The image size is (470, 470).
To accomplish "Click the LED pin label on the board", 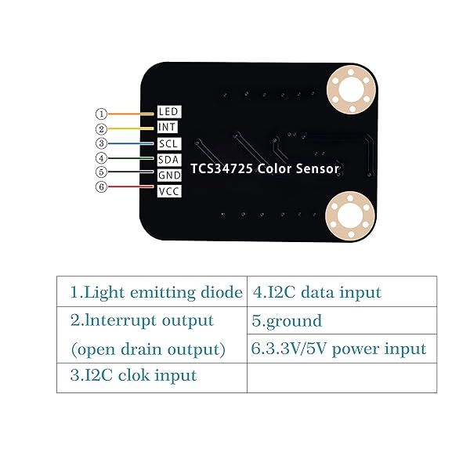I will point(169,113).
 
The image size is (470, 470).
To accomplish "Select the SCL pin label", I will point(169,144).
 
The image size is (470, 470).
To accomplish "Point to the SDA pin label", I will point(169,160).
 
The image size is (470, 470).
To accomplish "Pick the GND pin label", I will point(169,175).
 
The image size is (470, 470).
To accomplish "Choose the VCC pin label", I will point(169,190).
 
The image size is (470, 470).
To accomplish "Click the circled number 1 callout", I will point(101,114).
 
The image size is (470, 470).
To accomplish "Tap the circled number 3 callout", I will point(101,144).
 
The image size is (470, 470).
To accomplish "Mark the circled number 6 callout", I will point(101,186).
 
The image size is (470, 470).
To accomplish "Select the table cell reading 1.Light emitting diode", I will point(155,292).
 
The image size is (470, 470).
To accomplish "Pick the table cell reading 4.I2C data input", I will point(317,292).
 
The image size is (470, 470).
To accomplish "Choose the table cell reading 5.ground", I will point(287,320).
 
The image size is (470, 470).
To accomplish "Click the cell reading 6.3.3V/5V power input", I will point(338,349).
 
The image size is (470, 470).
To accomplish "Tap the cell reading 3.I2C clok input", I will point(133,376).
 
